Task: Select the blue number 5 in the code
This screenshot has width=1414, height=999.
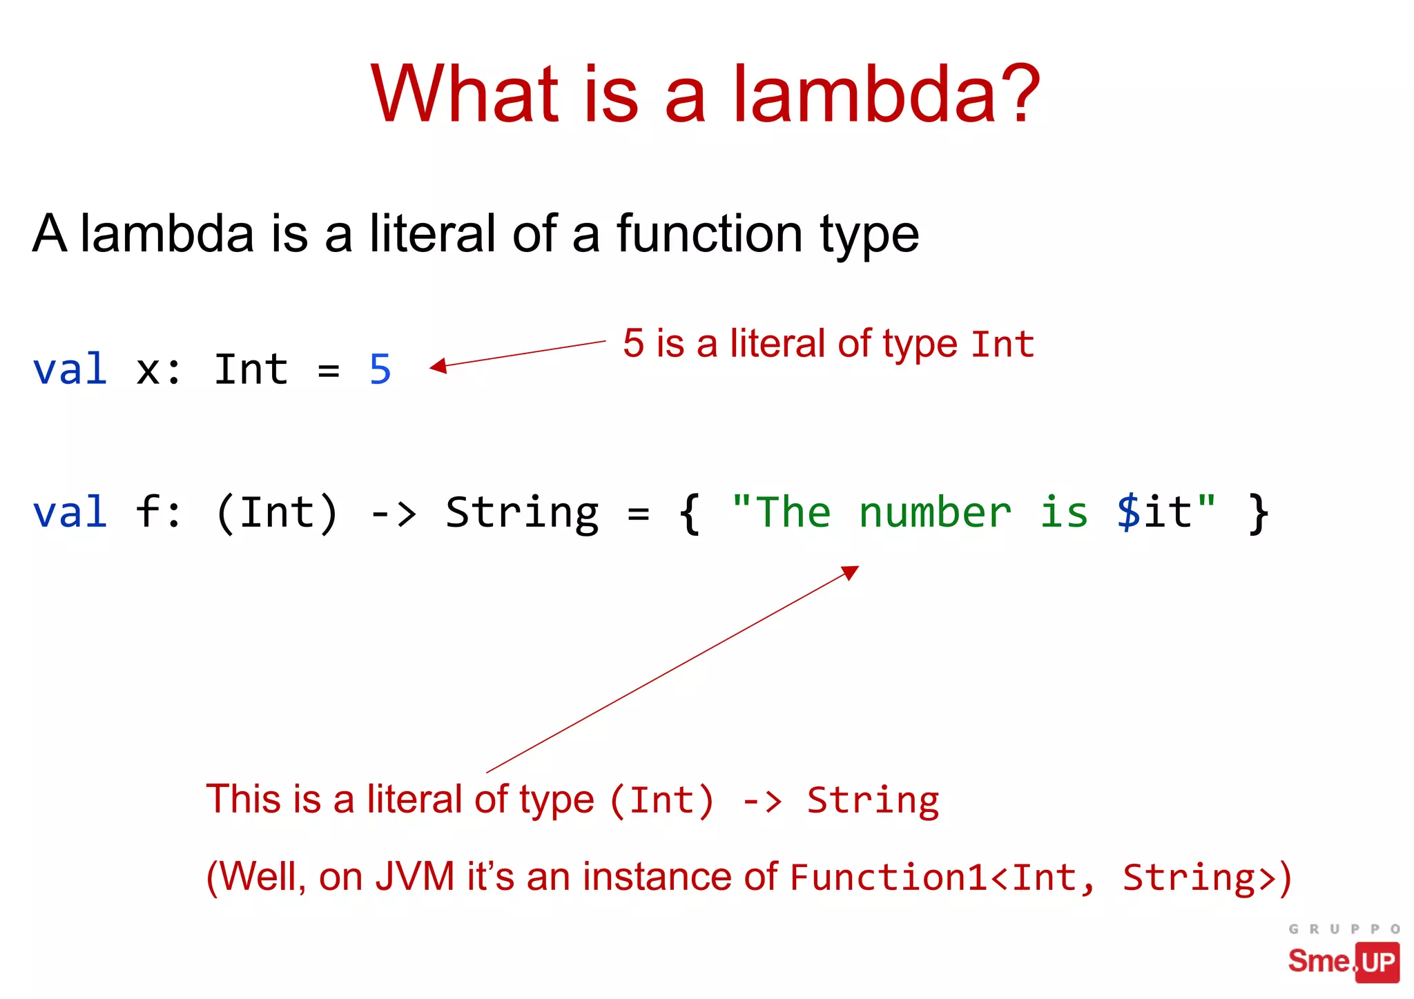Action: pos(380,369)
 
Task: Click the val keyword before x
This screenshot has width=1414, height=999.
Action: pos(70,369)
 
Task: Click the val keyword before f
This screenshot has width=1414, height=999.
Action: pos(70,513)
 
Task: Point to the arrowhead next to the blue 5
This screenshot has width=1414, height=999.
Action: pos(438,366)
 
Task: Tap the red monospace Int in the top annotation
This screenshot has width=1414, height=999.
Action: pos(1003,344)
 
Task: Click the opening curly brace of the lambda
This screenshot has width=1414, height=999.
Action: pos(690,513)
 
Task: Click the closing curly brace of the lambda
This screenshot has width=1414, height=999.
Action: pos(1258,513)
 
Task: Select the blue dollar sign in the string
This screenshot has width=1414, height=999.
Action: pos(1128,513)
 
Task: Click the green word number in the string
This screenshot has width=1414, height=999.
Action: pos(935,513)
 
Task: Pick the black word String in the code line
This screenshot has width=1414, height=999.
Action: pos(522,513)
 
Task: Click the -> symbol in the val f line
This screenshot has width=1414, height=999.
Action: pos(393,513)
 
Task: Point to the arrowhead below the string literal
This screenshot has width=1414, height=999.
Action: pos(851,572)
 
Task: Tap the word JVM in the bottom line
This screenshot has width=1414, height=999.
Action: pos(415,877)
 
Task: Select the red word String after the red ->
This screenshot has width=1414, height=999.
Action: pos(873,801)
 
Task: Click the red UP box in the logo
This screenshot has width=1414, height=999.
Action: pos(1377,962)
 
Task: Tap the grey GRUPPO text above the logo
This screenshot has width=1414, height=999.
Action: pos(1344,929)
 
